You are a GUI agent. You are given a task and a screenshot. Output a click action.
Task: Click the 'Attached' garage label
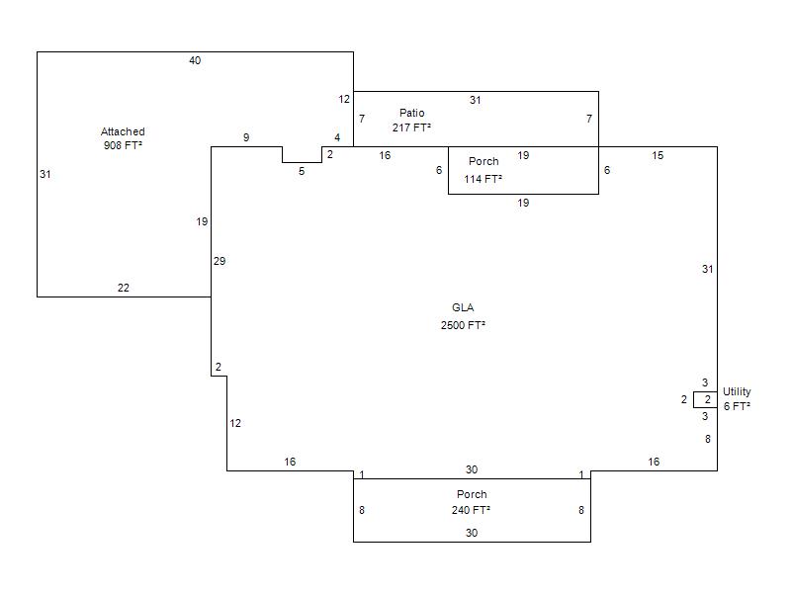(123, 131)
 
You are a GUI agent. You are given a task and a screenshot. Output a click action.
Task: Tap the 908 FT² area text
(123, 145)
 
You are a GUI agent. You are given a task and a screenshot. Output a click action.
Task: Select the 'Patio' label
(411, 113)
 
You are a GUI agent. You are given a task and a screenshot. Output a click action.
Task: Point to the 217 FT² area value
(411, 127)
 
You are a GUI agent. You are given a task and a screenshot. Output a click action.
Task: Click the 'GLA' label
(463, 307)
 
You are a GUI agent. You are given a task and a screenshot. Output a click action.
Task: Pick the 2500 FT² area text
(463, 325)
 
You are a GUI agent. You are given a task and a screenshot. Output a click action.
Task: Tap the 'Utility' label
(737, 392)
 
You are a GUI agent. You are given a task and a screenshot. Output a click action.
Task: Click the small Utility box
(705, 399)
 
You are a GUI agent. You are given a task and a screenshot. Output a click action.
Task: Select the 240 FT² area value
(472, 510)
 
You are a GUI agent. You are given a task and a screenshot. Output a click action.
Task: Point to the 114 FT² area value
(483, 179)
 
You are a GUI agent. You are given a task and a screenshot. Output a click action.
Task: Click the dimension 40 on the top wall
(195, 61)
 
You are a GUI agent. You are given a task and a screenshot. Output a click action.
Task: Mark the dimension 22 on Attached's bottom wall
(124, 289)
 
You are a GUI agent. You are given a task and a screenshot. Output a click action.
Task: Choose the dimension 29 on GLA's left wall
(220, 261)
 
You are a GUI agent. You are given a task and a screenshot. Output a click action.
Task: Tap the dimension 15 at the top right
(658, 155)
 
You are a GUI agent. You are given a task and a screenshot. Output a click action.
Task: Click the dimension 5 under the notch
(302, 171)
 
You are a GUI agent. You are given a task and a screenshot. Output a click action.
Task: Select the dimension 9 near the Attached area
(246, 137)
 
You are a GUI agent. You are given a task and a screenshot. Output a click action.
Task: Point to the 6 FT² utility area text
(737, 406)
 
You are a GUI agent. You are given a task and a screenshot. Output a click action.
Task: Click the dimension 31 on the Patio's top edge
(476, 100)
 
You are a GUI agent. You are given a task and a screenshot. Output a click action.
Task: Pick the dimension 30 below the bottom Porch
(472, 533)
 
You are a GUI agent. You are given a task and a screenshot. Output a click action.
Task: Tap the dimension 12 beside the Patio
(344, 99)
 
